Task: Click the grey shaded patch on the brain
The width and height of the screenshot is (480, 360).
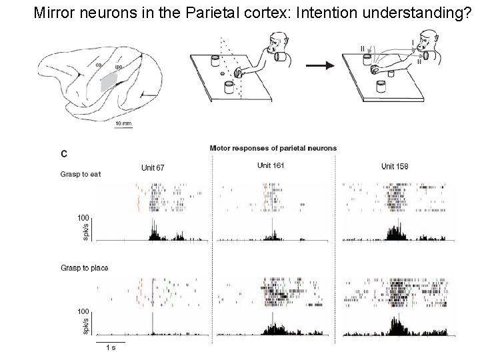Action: click(x=108, y=81)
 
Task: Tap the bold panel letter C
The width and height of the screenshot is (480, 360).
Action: click(x=63, y=153)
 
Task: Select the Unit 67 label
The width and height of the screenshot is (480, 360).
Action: click(x=153, y=167)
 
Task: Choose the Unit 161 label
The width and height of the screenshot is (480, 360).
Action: click(x=271, y=165)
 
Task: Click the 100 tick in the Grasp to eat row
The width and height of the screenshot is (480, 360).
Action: click(x=83, y=217)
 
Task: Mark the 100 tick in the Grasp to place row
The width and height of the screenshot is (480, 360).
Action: click(x=83, y=311)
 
